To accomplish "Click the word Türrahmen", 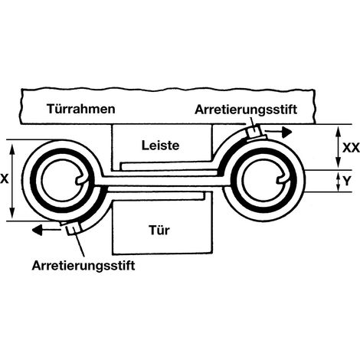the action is coord(81,109).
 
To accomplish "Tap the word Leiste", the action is coord(160,146).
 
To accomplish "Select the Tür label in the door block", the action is coord(159,230).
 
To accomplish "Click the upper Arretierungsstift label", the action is coord(246,110).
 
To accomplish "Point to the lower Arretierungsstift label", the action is coord(83,266).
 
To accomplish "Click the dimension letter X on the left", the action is coord(5,179).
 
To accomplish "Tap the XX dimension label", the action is coord(351,148).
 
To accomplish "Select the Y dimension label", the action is coord(347,181).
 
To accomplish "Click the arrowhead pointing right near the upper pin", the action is coord(286,132).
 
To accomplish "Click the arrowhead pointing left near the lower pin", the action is coord(37,230).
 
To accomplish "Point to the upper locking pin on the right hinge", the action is coord(254,132).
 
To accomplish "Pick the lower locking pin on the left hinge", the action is coord(72,229).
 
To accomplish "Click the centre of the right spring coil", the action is coord(263,180).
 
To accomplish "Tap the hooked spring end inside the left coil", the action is coord(81,179).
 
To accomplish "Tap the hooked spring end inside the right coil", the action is coord(282,179).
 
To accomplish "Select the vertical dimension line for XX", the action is coord(339,147).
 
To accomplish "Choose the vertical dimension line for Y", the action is coord(339,181).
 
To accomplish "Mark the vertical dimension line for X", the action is coord(12,181).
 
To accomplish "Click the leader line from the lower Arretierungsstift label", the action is coord(79,243).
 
